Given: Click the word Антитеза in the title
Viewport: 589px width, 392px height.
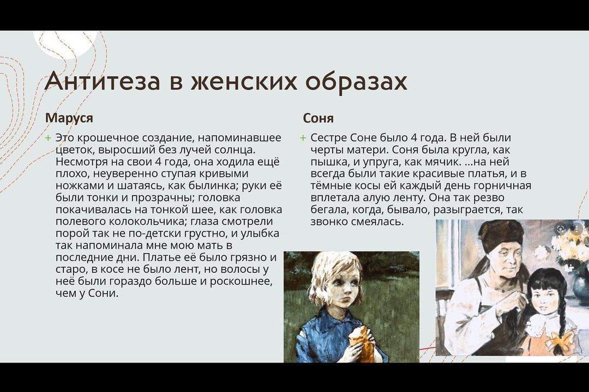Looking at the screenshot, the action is coord(102,81).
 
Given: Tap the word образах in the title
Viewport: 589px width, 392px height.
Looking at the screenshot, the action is coord(356,81).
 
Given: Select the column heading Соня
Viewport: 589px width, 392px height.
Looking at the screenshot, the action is coord(318,118).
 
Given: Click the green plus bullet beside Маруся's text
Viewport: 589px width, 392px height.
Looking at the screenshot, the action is coord(47,138).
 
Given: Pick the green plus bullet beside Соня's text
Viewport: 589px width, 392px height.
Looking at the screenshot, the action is coord(303,138).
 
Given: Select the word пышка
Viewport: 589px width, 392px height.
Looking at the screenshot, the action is coord(327,162).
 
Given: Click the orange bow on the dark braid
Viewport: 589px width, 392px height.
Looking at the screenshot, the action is coord(559,342).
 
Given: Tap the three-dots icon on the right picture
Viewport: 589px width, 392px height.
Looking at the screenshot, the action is coord(577,229).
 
